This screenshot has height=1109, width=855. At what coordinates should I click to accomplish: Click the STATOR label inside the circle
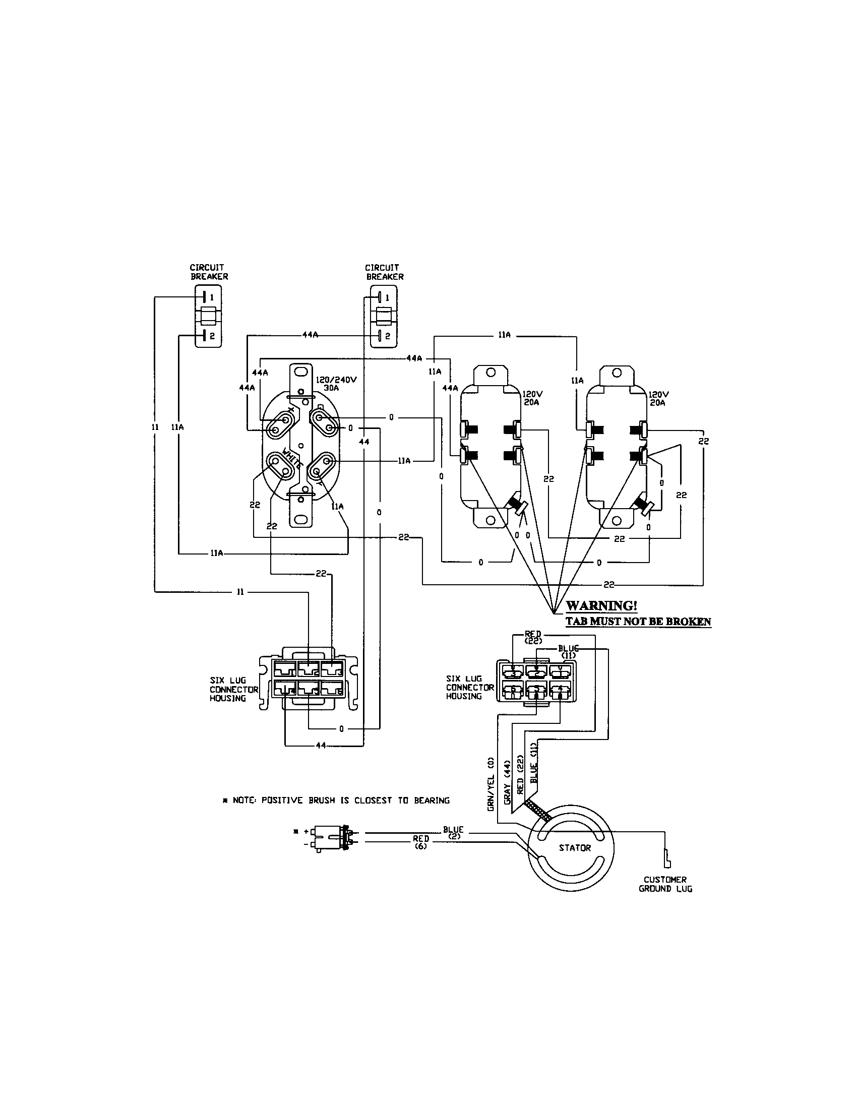(x=575, y=848)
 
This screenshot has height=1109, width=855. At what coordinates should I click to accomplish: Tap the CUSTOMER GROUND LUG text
(x=665, y=884)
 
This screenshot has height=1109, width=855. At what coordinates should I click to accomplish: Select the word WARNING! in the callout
(x=601, y=606)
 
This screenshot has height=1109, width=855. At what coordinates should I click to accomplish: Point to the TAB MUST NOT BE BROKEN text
(x=638, y=622)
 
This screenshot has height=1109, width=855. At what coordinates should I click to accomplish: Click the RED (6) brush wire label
(x=420, y=842)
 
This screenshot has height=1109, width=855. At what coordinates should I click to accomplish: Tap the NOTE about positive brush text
(x=337, y=800)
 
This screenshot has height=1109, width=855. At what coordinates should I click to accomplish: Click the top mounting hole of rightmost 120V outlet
(x=617, y=372)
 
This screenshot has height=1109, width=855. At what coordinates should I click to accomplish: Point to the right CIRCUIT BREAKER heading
(x=384, y=272)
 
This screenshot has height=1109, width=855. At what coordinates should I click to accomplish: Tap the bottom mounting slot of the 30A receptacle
(x=301, y=519)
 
